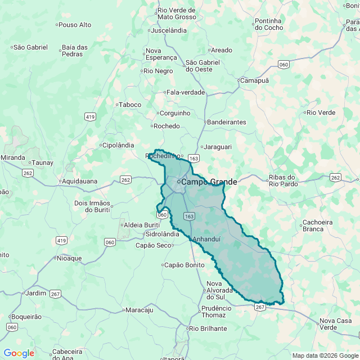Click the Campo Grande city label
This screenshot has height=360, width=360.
209,182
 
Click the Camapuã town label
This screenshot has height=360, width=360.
255,80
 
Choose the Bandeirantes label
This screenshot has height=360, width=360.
227,122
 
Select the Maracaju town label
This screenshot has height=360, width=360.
139,310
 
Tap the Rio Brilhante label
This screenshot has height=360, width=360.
208,328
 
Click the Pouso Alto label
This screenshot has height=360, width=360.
75,25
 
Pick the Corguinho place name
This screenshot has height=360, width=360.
174,113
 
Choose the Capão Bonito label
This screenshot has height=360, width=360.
183,265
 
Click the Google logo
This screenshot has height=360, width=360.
19,353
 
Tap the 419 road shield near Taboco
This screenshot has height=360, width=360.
90,116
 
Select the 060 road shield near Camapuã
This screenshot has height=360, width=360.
284,65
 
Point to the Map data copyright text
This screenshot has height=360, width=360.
325,355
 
